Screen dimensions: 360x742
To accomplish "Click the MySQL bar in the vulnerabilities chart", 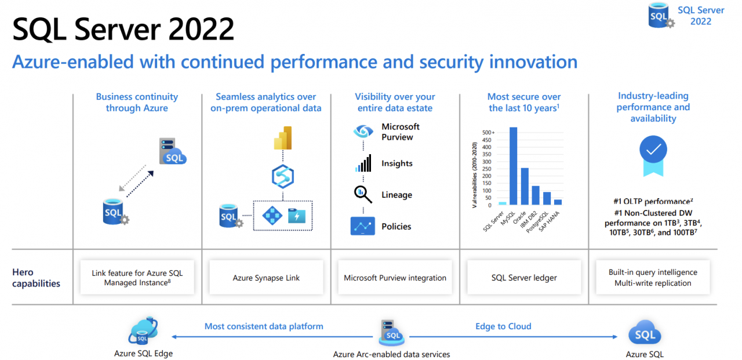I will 513,167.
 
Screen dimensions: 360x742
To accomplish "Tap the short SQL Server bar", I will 502,203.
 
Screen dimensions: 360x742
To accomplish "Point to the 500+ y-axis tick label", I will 488,133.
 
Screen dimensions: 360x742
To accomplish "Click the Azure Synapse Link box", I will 266,278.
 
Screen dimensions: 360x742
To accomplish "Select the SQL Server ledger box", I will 524,278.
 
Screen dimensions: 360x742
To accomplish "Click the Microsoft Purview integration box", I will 395,278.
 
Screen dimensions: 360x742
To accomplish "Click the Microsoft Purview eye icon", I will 363,132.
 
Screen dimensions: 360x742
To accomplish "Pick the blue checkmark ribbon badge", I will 653,154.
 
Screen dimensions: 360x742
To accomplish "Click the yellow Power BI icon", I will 283,137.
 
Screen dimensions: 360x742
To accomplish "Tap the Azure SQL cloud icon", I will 645,334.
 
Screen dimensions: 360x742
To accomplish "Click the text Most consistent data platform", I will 264,326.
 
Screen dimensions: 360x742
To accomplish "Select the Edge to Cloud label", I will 503,326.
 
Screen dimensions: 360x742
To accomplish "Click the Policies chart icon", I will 363,226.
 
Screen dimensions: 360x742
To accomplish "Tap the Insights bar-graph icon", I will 363,163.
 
